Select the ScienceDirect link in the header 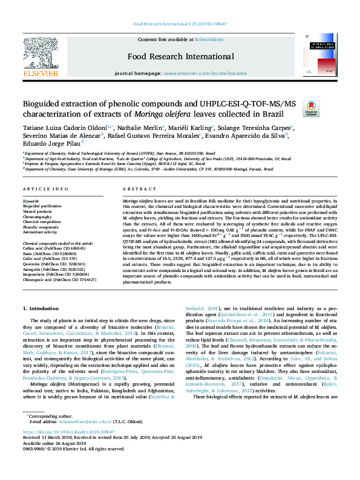pos(209,39)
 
